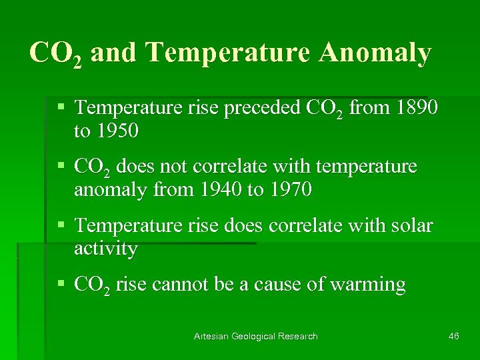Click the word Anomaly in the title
point(375,53)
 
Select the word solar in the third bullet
point(408,225)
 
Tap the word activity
point(105,249)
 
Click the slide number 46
point(454,336)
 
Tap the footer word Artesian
point(211,336)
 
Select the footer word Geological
point(255,336)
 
